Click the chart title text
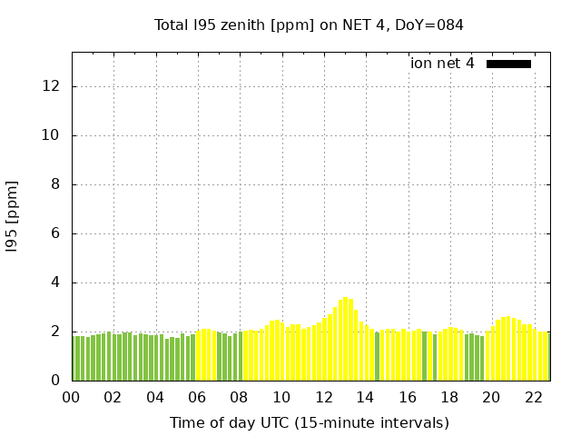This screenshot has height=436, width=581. point(309,25)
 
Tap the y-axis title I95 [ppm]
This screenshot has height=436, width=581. point(13,215)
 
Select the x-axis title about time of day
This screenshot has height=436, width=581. point(309,422)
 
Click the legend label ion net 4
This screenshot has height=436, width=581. point(442,64)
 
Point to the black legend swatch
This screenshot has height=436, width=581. point(508,64)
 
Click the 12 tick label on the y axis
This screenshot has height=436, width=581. point(52,86)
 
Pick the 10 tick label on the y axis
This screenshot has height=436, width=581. point(52,135)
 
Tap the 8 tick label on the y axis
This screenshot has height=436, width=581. point(56,184)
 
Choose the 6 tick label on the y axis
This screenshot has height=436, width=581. point(56,233)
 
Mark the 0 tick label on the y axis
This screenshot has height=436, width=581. point(56,381)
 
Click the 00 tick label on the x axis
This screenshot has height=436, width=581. point(72,397)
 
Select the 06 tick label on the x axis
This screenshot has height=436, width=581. point(197,397)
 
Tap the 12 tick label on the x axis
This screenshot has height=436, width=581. point(323,397)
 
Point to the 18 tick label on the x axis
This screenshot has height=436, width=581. point(449,397)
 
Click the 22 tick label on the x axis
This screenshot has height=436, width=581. point(533,397)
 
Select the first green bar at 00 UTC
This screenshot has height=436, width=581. point(74,359)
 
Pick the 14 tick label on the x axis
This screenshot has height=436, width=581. point(365,397)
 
